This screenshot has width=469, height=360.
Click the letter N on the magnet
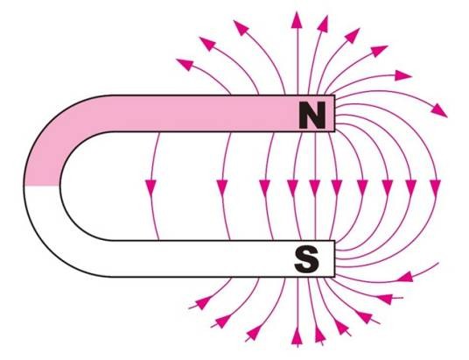pyautogui.click(x=312, y=115)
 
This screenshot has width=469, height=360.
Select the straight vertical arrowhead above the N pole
pyautogui.click(x=297, y=20)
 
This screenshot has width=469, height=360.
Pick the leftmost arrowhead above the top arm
pyautogui.click(x=185, y=64)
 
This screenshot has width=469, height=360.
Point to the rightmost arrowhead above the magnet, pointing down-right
pyautogui.click(x=439, y=110)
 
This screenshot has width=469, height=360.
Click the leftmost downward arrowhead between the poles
pyautogui.click(x=150, y=187)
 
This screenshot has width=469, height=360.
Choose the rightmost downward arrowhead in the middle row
pyautogui.click(x=435, y=187)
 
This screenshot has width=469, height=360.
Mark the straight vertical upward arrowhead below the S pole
pyautogui.click(x=297, y=335)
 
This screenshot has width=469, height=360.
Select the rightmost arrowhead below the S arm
pyautogui.click(x=406, y=277)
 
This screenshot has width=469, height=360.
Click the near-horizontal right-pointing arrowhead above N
pyautogui.click(x=402, y=75)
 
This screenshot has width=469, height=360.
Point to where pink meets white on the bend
pyautogui.click(x=42, y=186)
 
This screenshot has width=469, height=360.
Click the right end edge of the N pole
pyautogui.click(x=334, y=113)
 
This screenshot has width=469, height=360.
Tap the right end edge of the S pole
pyautogui.click(x=334, y=258)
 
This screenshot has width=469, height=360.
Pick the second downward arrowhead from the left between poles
pyautogui.click(x=222, y=187)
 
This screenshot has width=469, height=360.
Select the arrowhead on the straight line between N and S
pyautogui.click(x=315, y=187)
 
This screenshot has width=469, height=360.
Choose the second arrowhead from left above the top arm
pyautogui.click(x=207, y=44)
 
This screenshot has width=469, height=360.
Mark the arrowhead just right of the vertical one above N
pyautogui.click(x=323, y=24)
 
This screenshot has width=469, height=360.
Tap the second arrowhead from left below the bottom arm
pyautogui.click(x=223, y=321)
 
